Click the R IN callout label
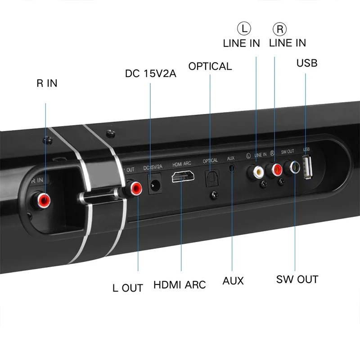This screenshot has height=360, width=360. coord(47,83)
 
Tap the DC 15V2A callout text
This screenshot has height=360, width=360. coord(150,73)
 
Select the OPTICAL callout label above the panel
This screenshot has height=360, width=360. coord(210,66)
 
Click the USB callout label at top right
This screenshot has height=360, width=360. coord(306,63)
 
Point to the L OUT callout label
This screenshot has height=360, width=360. coord(127,288)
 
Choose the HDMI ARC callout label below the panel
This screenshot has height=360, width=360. coord(179,285)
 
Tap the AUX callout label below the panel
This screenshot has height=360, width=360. coord(233,281)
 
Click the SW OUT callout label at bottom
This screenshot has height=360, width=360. coord(297,279)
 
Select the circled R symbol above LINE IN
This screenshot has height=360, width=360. coord(279,29)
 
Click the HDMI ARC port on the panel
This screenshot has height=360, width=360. coord(182,176)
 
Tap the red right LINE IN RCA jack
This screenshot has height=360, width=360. coord(274,169)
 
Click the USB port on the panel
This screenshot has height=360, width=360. coord(308,167)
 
